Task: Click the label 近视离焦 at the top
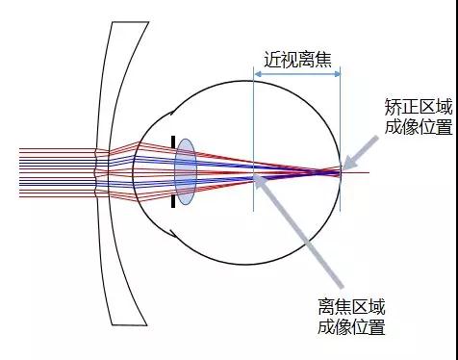coord(296,54)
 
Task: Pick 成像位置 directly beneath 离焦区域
coord(351,327)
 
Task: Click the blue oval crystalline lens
coord(185,171)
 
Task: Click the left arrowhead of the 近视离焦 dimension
coord(257,73)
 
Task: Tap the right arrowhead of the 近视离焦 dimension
coord(337,73)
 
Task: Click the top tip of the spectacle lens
coord(112,22)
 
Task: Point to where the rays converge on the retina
coord(340,170)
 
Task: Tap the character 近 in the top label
coord(270,54)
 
